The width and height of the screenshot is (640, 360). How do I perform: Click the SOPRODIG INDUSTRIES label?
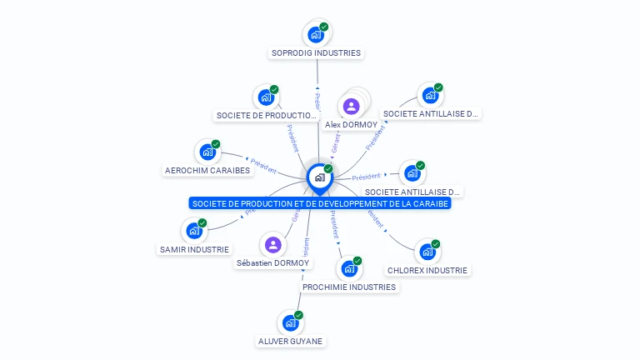click(x=316, y=52)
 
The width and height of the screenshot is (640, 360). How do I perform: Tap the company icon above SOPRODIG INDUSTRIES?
click(x=316, y=34)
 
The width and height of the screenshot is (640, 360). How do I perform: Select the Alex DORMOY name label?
click(x=351, y=124)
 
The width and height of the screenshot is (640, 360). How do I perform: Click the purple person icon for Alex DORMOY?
click(x=351, y=106)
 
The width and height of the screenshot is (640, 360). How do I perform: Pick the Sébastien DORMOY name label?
click(x=272, y=262)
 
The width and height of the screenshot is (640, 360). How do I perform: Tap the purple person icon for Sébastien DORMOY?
click(x=272, y=245)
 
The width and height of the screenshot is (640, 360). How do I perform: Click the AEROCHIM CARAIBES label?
click(x=207, y=170)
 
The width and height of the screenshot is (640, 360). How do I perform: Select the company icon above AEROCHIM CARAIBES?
click(x=207, y=152)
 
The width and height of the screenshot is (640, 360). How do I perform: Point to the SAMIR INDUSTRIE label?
click(x=194, y=249)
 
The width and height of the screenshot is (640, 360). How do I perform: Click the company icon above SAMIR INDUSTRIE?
click(x=193, y=231)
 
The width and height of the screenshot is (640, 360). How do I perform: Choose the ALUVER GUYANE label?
click(x=290, y=341)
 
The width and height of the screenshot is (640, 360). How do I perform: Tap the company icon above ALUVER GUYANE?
click(x=290, y=322)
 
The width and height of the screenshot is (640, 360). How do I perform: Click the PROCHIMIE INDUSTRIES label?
click(x=349, y=287)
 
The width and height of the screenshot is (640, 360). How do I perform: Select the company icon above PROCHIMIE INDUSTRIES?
click(x=348, y=268)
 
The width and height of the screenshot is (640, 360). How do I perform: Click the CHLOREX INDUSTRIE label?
click(x=427, y=270)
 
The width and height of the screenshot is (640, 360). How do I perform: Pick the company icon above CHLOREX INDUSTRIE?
click(x=427, y=251)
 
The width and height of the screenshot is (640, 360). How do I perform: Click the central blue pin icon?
click(x=319, y=177)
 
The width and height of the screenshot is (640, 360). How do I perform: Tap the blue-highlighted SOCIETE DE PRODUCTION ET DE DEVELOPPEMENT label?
click(x=319, y=203)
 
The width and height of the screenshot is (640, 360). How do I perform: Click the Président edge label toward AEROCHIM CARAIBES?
click(x=263, y=167)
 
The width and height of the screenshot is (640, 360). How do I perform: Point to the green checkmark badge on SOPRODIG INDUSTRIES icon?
click(x=324, y=27)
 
